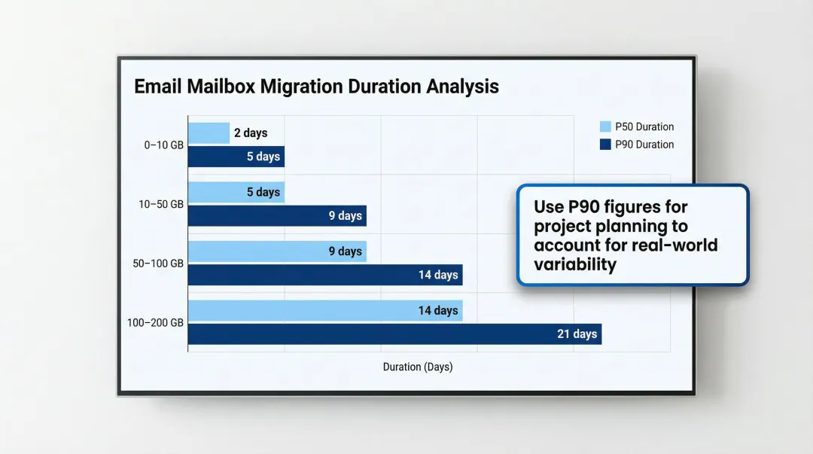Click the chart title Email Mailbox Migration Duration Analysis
tap(316, 87)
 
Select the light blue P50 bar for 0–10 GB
tap(209, 133)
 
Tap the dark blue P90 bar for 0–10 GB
tap(236, 157)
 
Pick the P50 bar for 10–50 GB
tap(236, 192)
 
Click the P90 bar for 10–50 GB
tap(276, 216)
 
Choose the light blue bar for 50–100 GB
tap(276, 251)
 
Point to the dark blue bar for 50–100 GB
tap(324, 275)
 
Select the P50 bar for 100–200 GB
tap(324, 310)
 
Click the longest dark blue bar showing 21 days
tap(394, 334)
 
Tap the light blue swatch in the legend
tap(605, 126)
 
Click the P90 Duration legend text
tap(644, 145)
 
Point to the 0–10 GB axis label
tap(163, 145)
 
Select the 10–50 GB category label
tap(161, 204)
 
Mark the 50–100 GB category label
tap(159, 264)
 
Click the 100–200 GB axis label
tap(156, 322)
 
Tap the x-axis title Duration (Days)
tap(418, 367)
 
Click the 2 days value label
tap(251, 133)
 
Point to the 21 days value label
tap(577, 334)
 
